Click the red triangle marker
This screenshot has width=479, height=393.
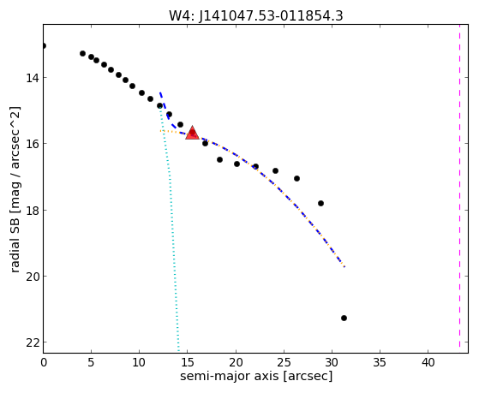pos(192,133)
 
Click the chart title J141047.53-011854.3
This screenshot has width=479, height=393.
pos(271,15)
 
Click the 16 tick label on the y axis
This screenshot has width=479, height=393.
pos(32,144)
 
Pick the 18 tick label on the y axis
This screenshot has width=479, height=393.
pos(32,210)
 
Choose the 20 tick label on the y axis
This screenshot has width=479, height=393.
pos(32,276)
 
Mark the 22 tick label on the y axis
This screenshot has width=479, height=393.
pos(32,342)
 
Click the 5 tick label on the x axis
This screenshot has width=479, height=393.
pos(91,363)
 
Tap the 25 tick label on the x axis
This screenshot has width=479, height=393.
pos(284,363)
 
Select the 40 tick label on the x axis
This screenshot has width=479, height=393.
pos(428,363)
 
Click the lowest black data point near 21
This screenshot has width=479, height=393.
pos(344,319)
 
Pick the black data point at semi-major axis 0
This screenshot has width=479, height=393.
pos(44,45)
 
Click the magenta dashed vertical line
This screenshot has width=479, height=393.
pos(460,188)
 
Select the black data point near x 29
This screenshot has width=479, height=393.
pos(320,204)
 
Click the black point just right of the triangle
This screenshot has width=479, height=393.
pos(206,143)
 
